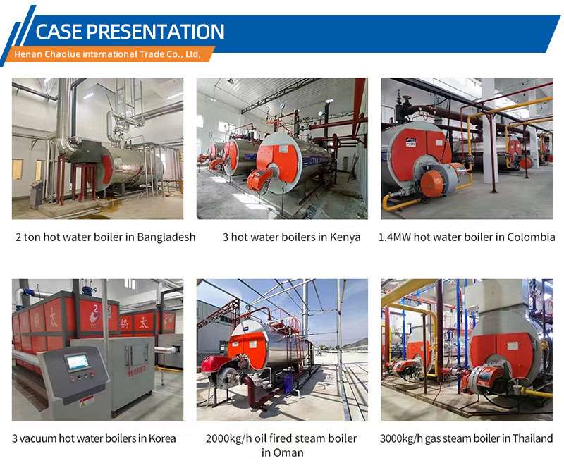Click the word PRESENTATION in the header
point(155,31)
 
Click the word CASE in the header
point(59,31)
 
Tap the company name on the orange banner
point(107,54)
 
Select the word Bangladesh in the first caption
point(166,237)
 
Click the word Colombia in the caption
point(531,237)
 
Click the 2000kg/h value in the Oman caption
point(228,438)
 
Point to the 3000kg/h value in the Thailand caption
point(401,438)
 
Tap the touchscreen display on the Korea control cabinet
point(78,362)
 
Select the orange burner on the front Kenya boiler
point(261,177)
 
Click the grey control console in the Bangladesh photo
point(36,193)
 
